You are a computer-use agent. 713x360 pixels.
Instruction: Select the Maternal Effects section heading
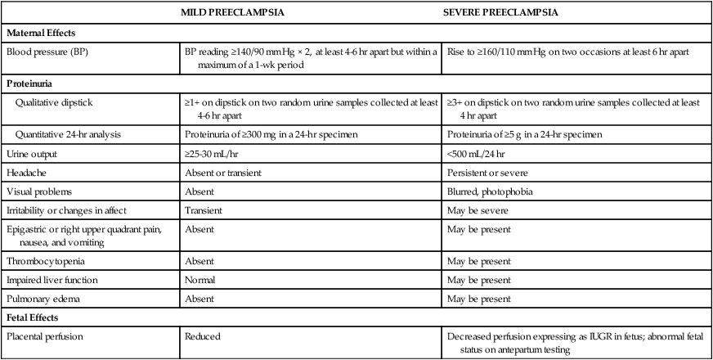coord(42,34)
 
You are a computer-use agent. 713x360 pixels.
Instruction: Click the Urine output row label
coord(34,153)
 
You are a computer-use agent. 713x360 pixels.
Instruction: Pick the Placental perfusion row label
coord(47,335)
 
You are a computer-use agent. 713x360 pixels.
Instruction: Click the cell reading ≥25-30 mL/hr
coord(215,153)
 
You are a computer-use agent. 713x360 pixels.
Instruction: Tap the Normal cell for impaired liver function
coord(201,280)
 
